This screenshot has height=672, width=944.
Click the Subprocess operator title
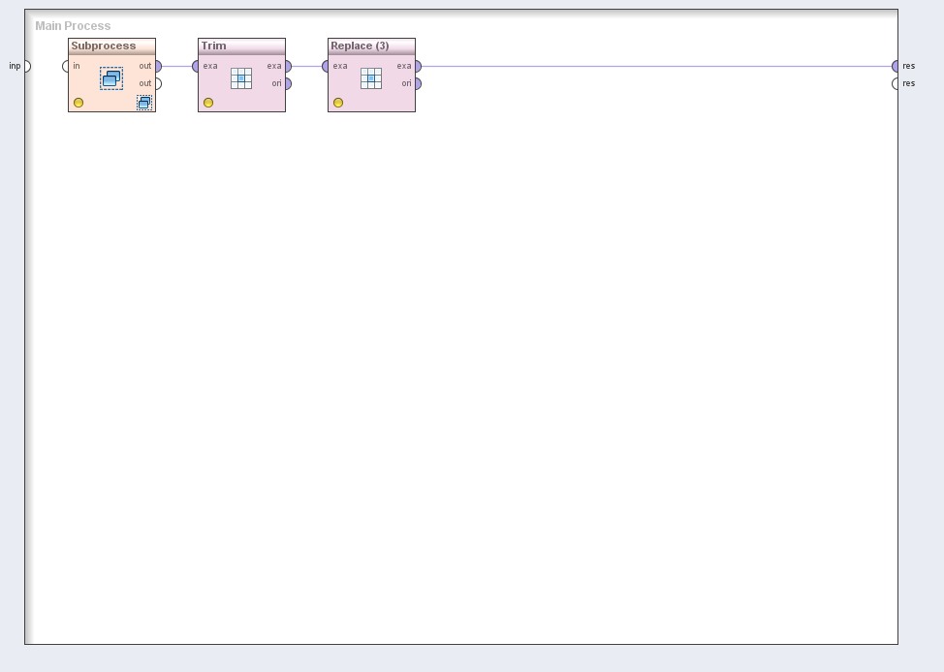pos(104,46)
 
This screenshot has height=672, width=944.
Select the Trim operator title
pos(214,46)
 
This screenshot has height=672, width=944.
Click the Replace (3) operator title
pos(360,46)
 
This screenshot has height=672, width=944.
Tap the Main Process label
pos(73,26)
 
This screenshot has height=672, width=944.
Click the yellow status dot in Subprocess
pos(79,103)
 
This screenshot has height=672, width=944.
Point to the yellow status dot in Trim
pos(208,103)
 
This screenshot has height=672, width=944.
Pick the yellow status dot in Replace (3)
pos(338,103)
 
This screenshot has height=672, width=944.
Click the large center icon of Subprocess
pos(111,78)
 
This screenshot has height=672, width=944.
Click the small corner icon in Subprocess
pos(144,103)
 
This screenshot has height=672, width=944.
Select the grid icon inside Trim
pos(241,78)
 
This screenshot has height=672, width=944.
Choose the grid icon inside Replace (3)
pos(371,78)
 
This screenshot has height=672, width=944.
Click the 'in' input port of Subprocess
pos(66,66)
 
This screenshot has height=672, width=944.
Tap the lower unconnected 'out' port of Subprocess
pos(158,83)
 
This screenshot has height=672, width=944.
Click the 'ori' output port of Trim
pos(289,83)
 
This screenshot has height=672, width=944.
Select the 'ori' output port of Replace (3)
pos(419,83)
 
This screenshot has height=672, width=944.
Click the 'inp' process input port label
pos(15,66)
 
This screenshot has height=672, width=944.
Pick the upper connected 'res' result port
pos(896,66)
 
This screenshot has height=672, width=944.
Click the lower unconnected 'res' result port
pos(896,83)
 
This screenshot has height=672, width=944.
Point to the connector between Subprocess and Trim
pos(177,66)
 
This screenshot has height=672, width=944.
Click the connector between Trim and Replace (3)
pos(307,66)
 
